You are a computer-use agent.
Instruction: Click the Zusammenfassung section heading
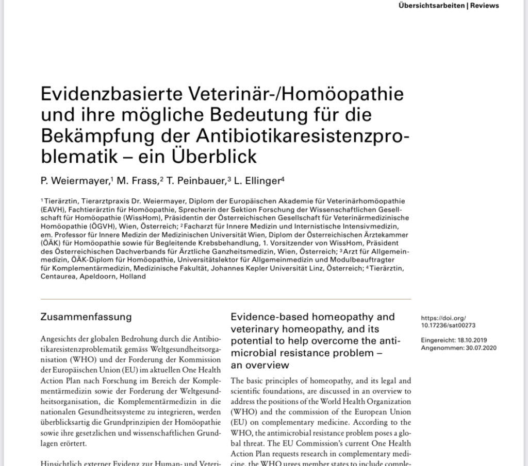pos(86,317)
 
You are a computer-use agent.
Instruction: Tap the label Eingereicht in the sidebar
pos(439,341)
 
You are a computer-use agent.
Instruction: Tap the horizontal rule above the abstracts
pos(225,299)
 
